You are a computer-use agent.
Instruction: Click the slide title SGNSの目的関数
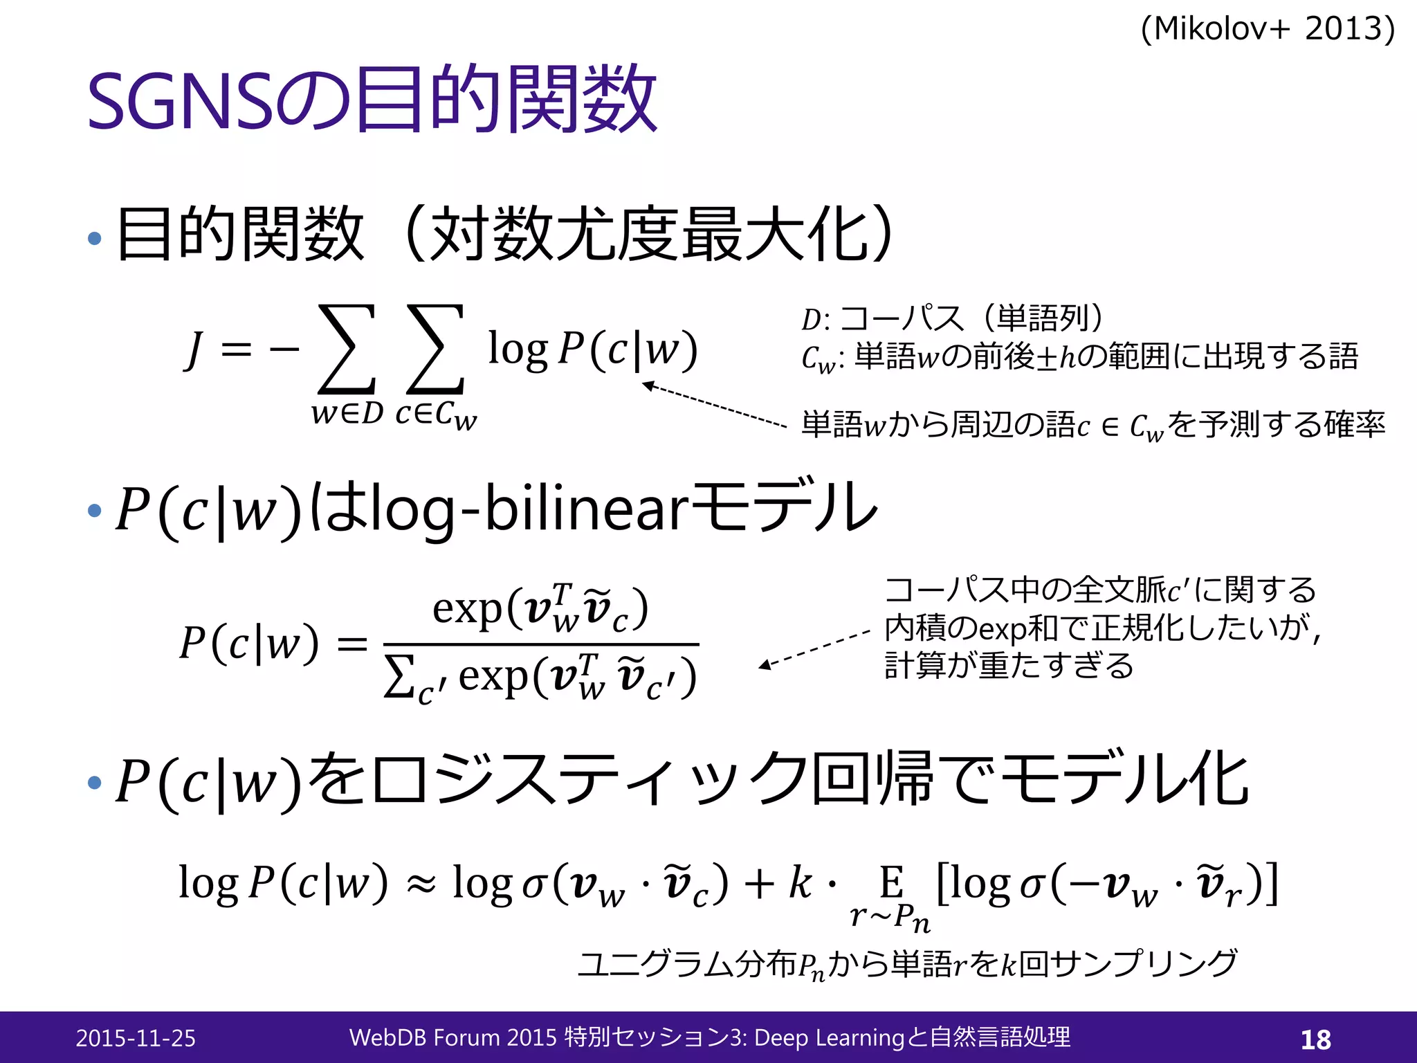click(372, 99)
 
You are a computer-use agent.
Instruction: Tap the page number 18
click(1315, 1039)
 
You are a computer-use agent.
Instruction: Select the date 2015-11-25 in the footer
click(136, 1038)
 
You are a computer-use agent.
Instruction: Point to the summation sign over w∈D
click(347, 349)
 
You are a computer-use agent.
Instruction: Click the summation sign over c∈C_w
click(435, 349)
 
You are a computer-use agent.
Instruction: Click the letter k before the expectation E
click(800, 882)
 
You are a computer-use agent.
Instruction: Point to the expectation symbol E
click(891, 882)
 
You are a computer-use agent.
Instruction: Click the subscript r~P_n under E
click(890, 918)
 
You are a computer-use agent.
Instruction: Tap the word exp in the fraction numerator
click(467, 609)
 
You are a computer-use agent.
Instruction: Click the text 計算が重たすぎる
click(1009, 665)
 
